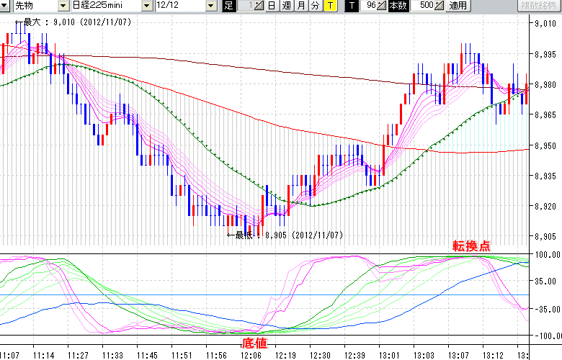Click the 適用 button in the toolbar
click(458, 6)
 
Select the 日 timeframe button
click(271, 6)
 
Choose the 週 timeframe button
click(286, 6)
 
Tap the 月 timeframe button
click(300, 6)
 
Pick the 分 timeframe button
click(315, 6)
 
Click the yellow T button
click(329, 6)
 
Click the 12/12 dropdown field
click(185, 6)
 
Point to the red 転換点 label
click(472, 246)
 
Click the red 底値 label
click(256, 343)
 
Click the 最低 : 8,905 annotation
click(288, 235)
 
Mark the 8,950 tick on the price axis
click(545, 146)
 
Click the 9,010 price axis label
click(545, 24)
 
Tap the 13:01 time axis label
click(391, 355)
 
